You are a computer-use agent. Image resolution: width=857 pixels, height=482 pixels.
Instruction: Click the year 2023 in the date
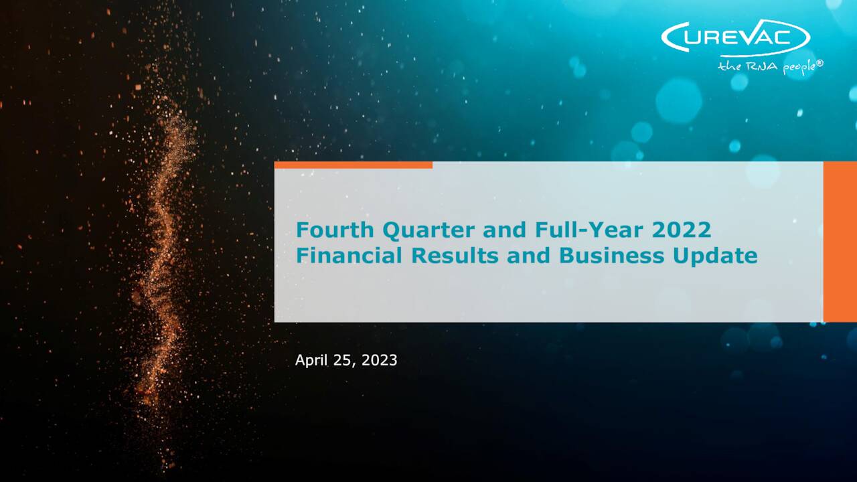[380, 360]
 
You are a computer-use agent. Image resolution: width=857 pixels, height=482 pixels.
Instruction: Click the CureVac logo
[735, 37]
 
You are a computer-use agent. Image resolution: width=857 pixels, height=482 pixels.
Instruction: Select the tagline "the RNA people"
[767, 66]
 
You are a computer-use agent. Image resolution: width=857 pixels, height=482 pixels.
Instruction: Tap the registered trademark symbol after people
[820, 63]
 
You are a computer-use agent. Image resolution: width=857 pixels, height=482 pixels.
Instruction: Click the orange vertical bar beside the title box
[840, 242]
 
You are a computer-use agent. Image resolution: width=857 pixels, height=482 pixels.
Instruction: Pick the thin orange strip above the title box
[353, 165]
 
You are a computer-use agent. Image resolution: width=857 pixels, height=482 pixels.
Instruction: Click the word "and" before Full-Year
[506, 230]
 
